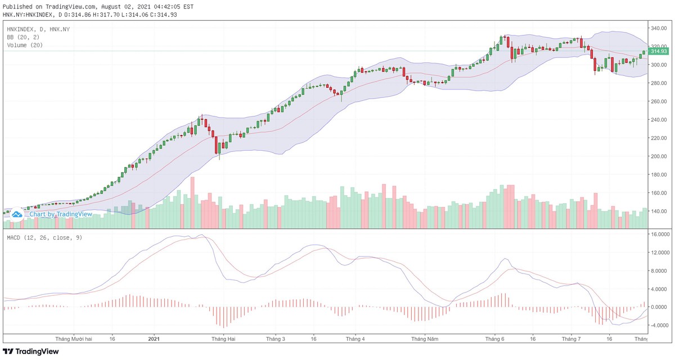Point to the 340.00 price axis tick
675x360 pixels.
(x=658, y=28)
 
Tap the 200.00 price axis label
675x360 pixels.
(x=658, y=156)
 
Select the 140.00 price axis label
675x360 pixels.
(x=658, y=211)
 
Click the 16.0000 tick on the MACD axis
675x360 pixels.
(x=660, y=234)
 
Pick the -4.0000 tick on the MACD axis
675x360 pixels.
(x=660, y=325)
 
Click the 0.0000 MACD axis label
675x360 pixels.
(x=660, y=307)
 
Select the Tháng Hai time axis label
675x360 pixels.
(x=223, y=339)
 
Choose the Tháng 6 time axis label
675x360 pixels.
(x=495, y=339)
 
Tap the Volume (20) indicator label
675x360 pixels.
(x=25, y=45)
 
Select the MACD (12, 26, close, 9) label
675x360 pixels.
(x=44, y=237)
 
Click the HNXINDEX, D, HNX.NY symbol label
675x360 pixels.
(x=39, y=29)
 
